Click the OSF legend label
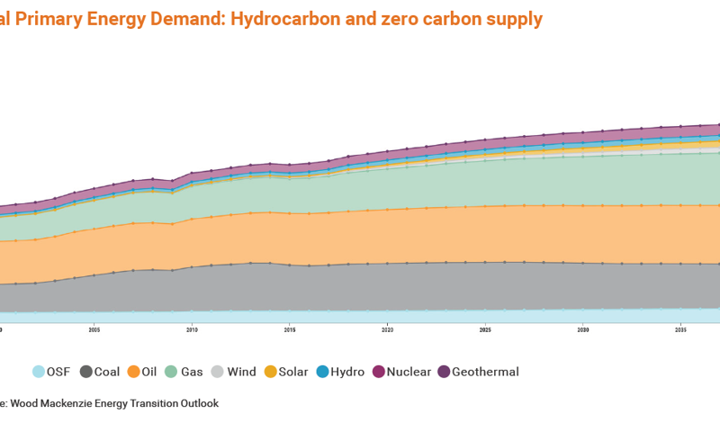point(58,372)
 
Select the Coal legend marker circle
point(86,372)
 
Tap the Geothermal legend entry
point(485,372)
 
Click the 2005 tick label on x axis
point(94,330)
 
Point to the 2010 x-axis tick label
point(192,330)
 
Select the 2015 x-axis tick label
point(290,330)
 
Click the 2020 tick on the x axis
point(387,330)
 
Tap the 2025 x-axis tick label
point(485,330)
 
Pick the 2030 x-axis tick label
point(582,330)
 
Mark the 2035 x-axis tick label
point(680,330)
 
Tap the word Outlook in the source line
point(195,404)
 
